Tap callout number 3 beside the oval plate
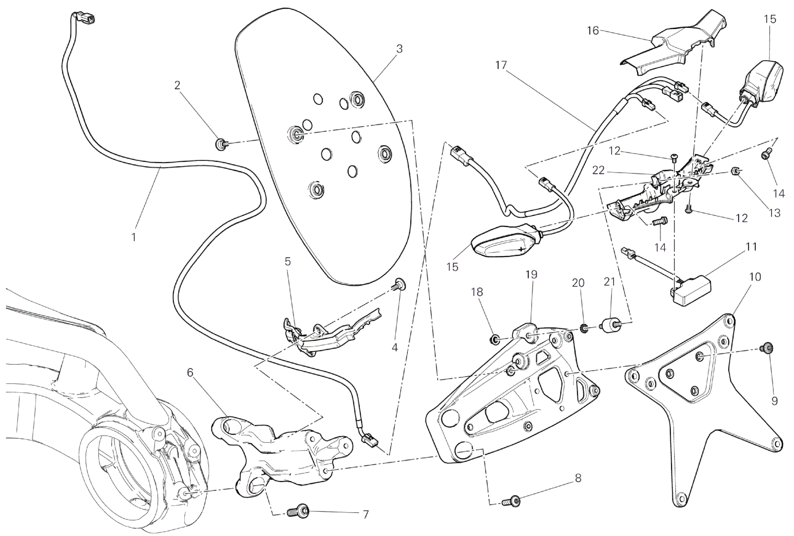pos(399,49)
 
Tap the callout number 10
pos(754,277)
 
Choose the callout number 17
pos(501,65)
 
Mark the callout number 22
pos(598,170)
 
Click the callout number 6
pos(190,373)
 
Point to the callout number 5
pos(288,261)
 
